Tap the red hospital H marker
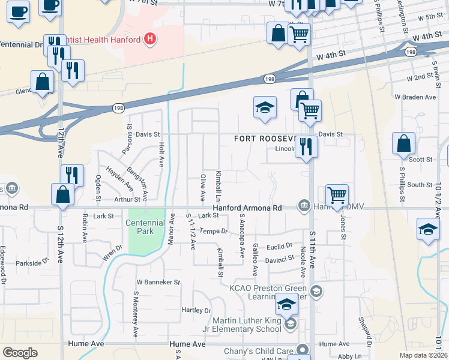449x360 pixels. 151,40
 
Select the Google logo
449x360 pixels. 20,353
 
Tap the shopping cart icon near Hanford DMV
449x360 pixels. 337,195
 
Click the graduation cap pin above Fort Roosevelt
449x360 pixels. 265,108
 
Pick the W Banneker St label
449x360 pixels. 158,281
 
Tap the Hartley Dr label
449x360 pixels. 196,310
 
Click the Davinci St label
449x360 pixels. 281,258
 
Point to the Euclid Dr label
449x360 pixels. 280,245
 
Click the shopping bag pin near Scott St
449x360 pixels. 404,144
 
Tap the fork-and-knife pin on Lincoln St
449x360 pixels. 306,146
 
